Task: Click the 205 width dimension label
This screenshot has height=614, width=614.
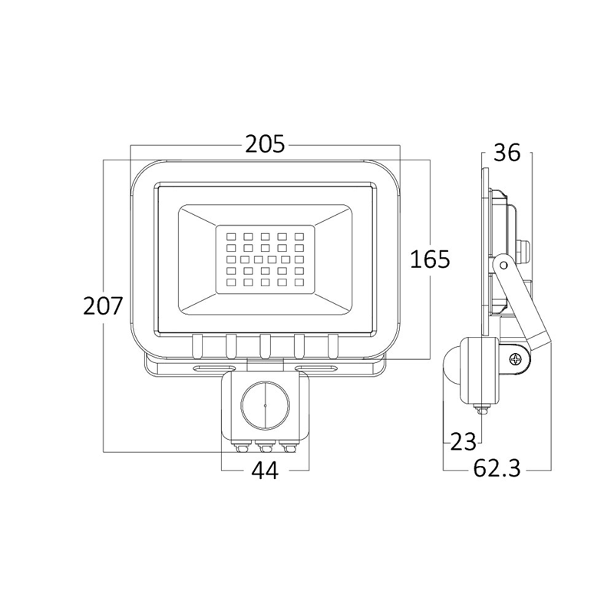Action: click(265, 144)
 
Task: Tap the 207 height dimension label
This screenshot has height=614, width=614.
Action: click(103, 305)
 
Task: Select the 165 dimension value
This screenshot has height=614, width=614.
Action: click(430, 259)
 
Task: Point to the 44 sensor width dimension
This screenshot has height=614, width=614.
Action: click(265, 470)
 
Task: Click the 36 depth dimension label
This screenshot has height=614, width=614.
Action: click(507, 153)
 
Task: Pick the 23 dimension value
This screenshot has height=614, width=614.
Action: click(463, 442)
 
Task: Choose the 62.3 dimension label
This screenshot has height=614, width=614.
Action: click(497, 469)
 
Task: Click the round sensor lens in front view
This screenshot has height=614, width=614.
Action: click(265, 405)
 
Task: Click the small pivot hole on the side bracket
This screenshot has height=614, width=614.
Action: click(503, 266)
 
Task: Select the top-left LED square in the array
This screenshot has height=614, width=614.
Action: click(231, 236)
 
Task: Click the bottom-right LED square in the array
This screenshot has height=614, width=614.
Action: click(299, 282)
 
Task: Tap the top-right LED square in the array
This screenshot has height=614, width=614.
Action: click(299, 236)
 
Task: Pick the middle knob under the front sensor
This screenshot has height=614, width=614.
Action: click(265, 447)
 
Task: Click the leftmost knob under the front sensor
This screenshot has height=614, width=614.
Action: click(241, 447)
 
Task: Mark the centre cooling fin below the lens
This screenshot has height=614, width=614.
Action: click(265, 346)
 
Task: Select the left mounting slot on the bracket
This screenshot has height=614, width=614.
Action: click(214, 368)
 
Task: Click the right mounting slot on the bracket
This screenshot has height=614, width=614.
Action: click(315, 368)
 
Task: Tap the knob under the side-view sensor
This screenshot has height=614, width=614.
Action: click(482, 411)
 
